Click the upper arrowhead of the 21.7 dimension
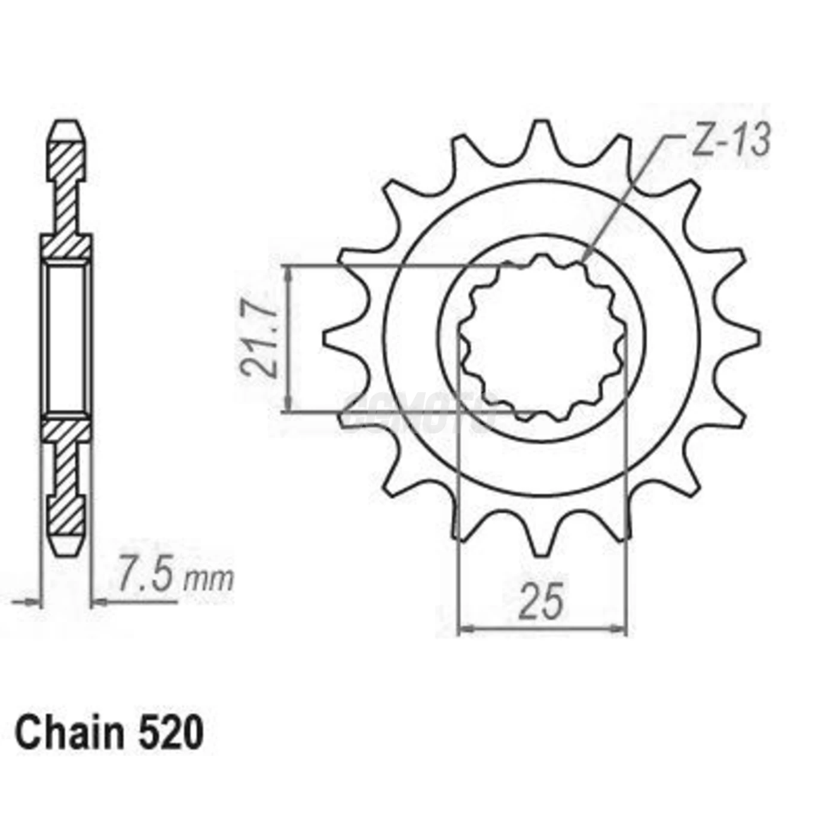(289, 273)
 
